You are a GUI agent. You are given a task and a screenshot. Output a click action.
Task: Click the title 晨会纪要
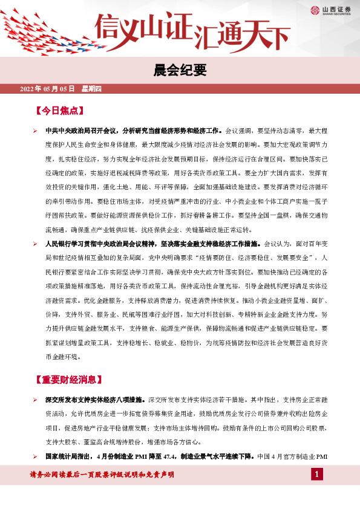(180, 70)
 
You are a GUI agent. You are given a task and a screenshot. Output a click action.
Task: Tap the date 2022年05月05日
(47, 89)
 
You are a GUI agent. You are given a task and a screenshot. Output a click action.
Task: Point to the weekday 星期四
(91, 89)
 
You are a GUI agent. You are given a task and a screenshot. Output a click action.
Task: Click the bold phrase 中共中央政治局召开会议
(82, 130)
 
